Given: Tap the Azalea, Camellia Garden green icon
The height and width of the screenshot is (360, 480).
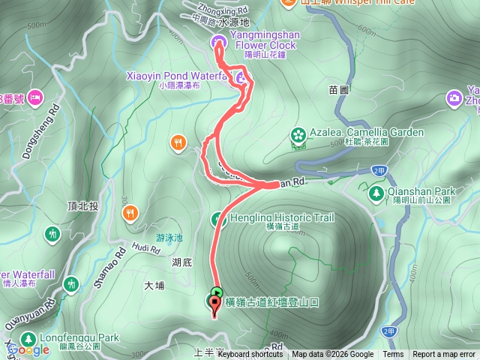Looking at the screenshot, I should (x=298, y=135).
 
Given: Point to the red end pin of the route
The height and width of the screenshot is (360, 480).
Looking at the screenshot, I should (x=216, y=304).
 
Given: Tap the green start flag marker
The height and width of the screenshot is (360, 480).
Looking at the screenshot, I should (x=217, y=292).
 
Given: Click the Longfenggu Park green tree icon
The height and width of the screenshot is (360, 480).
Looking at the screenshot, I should (x=27, y=338).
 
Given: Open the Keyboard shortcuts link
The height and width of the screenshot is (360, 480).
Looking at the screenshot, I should (x=250, y=355).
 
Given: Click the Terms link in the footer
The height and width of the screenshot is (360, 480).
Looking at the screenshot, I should (x=393, y=355).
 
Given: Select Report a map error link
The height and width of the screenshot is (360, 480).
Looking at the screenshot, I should (x=445, y=355).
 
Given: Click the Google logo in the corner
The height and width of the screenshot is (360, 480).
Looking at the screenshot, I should (x=28, y=349).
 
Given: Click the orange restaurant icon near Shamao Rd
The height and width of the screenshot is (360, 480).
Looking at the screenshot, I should (x=129, y=212).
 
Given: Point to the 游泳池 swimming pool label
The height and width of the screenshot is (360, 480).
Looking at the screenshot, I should (x=169, y=238).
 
